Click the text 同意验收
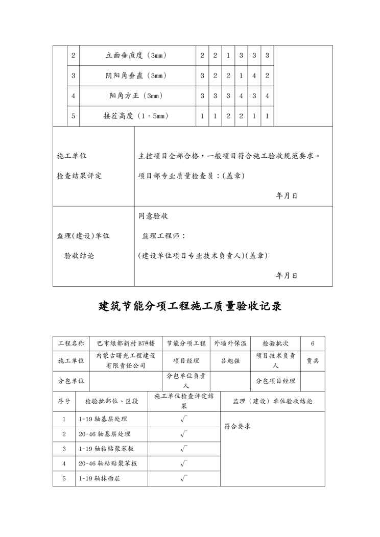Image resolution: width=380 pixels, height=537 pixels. coord(153,216)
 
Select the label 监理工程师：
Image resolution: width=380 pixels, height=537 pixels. coord(163,236)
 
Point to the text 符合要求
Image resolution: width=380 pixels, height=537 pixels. coord(237,426)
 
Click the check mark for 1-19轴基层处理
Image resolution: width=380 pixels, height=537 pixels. coord(184,419)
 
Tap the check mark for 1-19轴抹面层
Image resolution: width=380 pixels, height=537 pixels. coord(184,478)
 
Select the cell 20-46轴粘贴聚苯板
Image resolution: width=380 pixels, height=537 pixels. coord(108,463)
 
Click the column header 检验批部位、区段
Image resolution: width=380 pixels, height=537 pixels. coord(112,401)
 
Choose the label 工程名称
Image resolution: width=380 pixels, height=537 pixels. coord(70,343)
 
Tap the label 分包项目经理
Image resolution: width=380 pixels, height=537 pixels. coord(275,381)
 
